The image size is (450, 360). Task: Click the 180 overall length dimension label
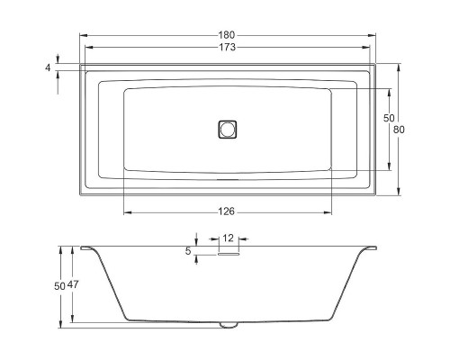pos(227,35)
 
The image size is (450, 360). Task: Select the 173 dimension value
pos(228,47)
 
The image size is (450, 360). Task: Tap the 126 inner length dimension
pos(227,211)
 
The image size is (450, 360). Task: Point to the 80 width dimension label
pos(399,130)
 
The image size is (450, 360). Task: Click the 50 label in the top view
pos(389,118)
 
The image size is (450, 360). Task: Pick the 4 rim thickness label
pos(48,67)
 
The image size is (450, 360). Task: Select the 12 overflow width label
pos(228,238)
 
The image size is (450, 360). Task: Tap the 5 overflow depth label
pos(188,251)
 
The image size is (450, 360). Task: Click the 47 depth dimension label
pos(73,284)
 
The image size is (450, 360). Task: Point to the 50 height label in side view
pos(59,286)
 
